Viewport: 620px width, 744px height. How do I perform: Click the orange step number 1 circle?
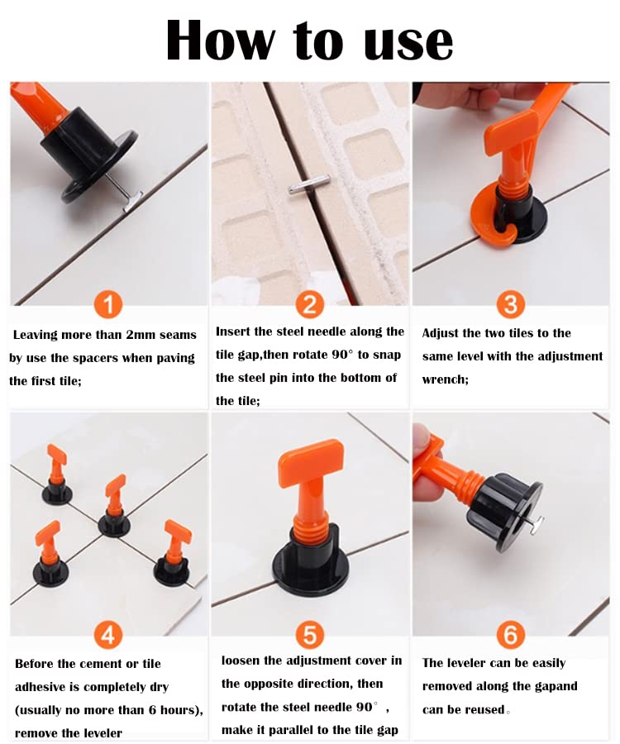point(108,304)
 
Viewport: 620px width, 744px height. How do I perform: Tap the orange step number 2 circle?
point(309,304)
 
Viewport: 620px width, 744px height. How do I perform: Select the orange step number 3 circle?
point(510,304)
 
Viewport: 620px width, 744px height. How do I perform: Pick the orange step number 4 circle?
point(108,634)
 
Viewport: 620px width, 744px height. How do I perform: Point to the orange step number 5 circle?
point(309,634)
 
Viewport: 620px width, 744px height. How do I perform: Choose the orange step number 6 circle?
point(510,634)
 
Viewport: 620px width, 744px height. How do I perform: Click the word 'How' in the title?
point(220,41)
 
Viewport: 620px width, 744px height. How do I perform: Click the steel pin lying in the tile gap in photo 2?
point(308,185)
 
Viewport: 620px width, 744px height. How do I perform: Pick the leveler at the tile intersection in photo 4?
point(114,508)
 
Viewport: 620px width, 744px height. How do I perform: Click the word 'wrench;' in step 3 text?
point(446,379)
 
